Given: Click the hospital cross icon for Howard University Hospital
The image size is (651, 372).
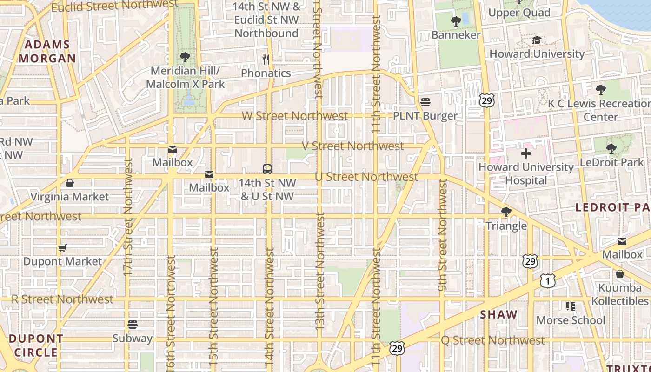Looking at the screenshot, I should point(526,153).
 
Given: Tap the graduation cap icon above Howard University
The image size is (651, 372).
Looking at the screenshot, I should point(537,40).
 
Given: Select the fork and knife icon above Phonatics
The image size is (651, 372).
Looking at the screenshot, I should point(266,59).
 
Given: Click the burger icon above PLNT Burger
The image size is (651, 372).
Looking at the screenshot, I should point(425,102).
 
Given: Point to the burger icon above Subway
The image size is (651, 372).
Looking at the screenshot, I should point(133,324).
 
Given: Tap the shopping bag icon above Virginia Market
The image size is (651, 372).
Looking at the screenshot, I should point(70,183).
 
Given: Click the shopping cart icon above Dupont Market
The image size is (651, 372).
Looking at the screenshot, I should point(62,248).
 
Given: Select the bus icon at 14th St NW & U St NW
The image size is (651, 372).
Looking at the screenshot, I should point(267,169).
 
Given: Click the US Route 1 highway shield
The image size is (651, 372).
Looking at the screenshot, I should point(547,280).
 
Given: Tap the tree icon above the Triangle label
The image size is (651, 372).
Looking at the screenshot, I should point(506,213).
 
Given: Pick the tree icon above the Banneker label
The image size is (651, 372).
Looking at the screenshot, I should point(456,21).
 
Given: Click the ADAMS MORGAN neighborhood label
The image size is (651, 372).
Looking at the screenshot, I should point(47,52).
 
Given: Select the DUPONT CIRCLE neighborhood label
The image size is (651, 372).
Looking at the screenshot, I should point(36,345).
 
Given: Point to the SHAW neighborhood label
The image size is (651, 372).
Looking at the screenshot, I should point(498,315).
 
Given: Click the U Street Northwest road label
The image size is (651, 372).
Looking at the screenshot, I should point(366,177).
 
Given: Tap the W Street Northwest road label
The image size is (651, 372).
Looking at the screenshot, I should point(295,116).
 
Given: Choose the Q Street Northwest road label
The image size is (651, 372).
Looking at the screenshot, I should point(492,340).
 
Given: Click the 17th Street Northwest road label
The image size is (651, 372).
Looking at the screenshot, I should point(129,217).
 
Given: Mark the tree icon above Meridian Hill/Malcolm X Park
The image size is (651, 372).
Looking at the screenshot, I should point(185,57).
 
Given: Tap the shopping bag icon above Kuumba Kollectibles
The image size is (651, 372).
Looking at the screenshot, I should point(619,274).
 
